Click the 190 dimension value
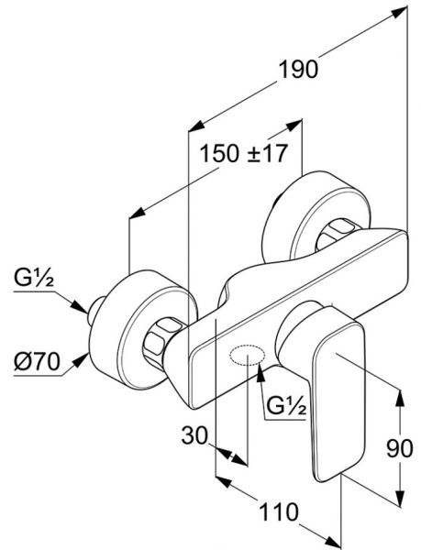(298, 70)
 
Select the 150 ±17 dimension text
(243, 153)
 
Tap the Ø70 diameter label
(37, 362)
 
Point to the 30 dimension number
(194, 436)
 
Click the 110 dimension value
(278, 511)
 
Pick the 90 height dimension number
(400, 448)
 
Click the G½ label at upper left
(34, 278)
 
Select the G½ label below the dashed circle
(286, 406)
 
